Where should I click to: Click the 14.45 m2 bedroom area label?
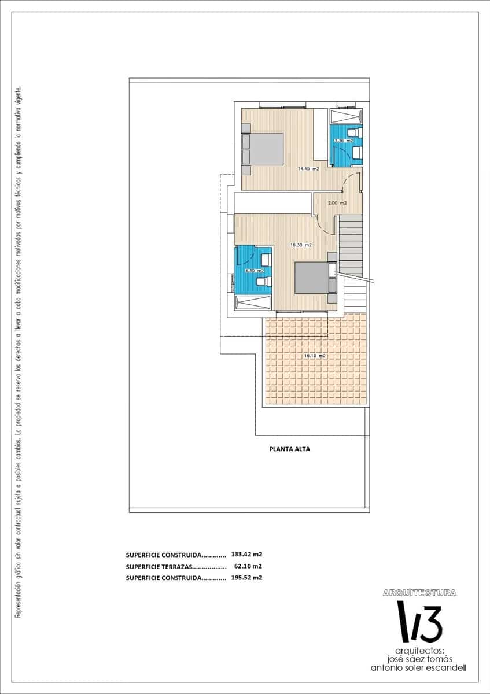point(308,169)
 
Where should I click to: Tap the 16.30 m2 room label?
point(301,245)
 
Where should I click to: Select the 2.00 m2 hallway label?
point(337,203)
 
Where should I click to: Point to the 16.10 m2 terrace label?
point(315,356)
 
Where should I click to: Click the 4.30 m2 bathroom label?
point(254,270)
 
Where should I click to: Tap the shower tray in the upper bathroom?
point(345,117)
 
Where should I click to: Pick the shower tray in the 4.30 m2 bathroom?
point(252,302)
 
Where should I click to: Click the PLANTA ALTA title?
point(290,448)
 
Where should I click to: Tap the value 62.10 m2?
point(248,566)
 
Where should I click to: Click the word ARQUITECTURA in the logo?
point(419,593)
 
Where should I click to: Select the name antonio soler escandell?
point(419,667)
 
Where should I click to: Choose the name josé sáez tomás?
point(419,659)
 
